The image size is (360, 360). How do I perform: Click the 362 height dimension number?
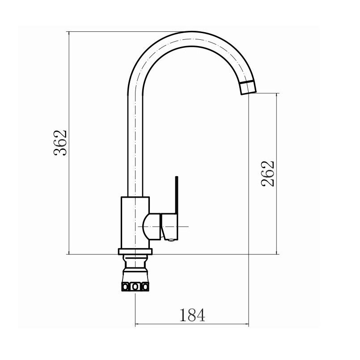(x=60, y=143)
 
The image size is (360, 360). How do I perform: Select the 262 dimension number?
(x=268, y=174)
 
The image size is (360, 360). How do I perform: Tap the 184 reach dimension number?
(x=192, y=315)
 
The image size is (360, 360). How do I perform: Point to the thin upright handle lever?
(x=177, y=195)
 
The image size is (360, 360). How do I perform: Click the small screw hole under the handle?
(x=171, y=240)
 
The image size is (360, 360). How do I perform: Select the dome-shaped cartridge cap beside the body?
(x=152, y=227)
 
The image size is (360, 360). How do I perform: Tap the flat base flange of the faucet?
(x=135, y=252)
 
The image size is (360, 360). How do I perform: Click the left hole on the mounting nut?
(x=126, y=287)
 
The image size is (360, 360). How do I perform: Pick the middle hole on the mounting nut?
(x=136, y=287)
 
